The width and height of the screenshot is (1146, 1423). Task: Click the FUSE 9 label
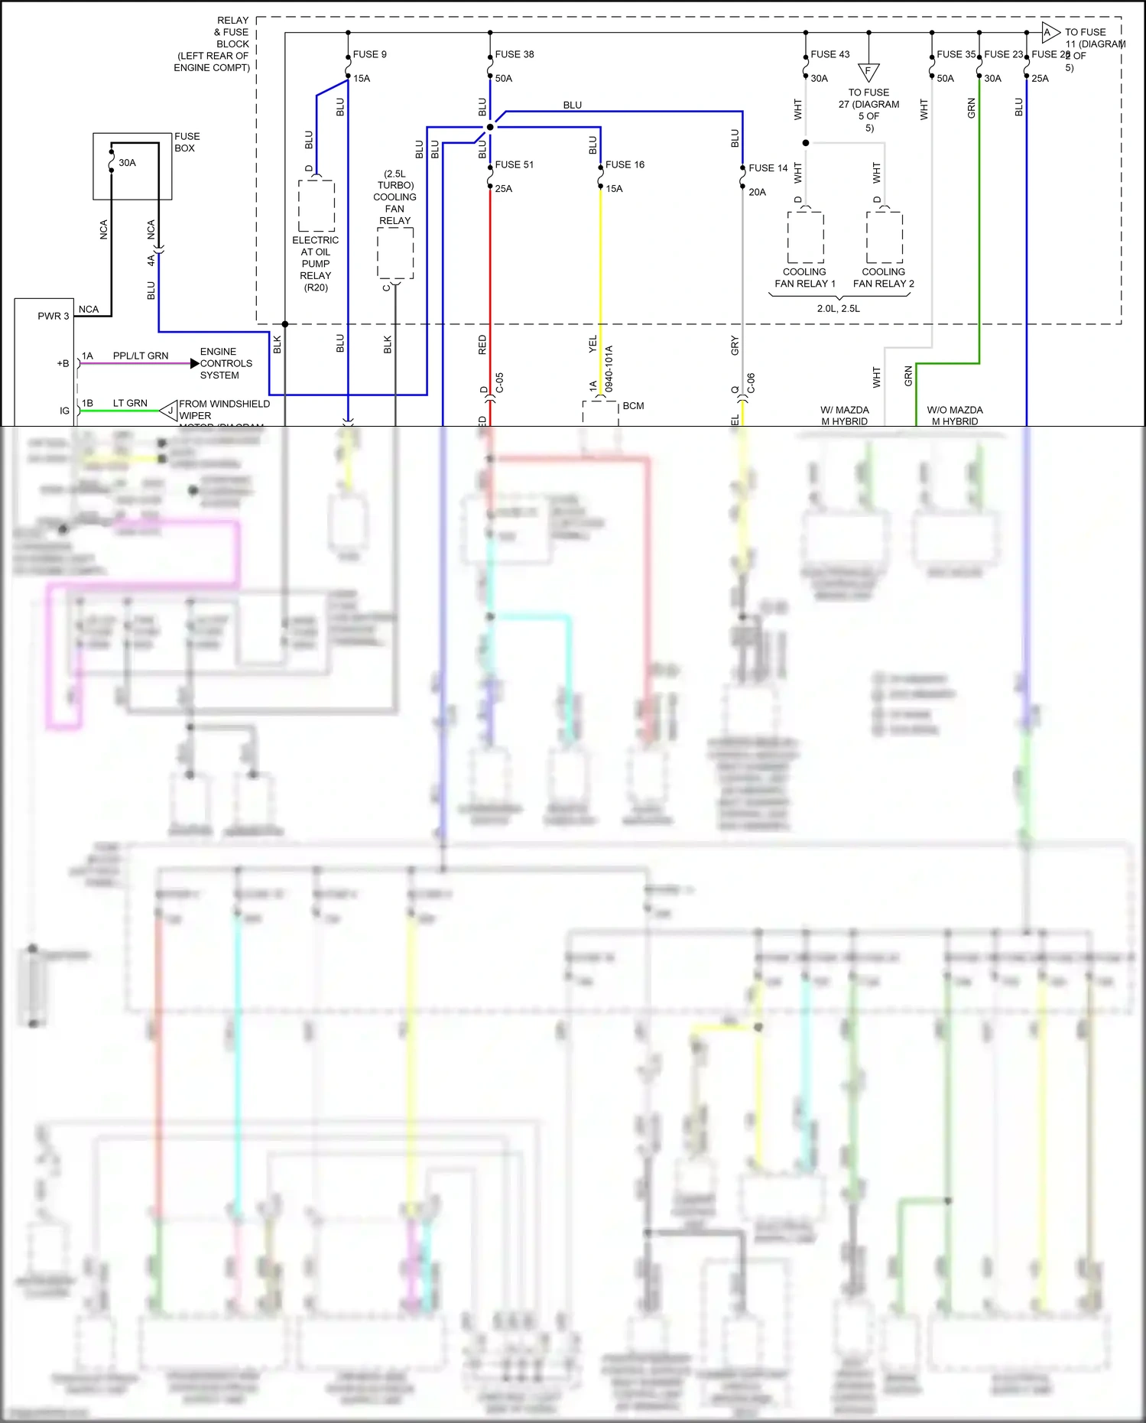click(369, 54)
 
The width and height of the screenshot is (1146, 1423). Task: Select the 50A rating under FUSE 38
click(503, 79)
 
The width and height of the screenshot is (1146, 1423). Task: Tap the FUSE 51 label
click(514, 164)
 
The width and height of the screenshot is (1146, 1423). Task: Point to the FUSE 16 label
click(625, 164)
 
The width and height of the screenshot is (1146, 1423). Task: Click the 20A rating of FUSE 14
click(757, 192)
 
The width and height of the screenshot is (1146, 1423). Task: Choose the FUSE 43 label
click(829, 54)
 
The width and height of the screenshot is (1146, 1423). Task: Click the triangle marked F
click(868, 73)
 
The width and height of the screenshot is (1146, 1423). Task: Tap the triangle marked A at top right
click(1050, 32)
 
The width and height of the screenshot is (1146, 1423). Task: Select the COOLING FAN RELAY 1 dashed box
click(805, 238)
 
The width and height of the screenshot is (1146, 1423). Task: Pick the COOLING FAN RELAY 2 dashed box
click(884, 238)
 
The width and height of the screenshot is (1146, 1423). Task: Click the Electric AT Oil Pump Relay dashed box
click(316, 206)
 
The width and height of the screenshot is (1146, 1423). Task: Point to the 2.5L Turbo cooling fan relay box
click(394, 254)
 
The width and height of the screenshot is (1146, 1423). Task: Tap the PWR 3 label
click(53, 316)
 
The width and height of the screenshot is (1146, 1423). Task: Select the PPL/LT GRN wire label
click(140, 356)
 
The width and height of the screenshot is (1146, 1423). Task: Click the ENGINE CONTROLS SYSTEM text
click(226, 363)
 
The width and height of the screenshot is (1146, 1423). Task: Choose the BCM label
click(633, 405)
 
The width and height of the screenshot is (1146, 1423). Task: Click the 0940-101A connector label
click(609, 369)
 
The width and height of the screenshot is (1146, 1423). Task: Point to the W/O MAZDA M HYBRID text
click(954, 415)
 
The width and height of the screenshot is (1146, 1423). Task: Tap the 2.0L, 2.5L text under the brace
click(838, 308)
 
